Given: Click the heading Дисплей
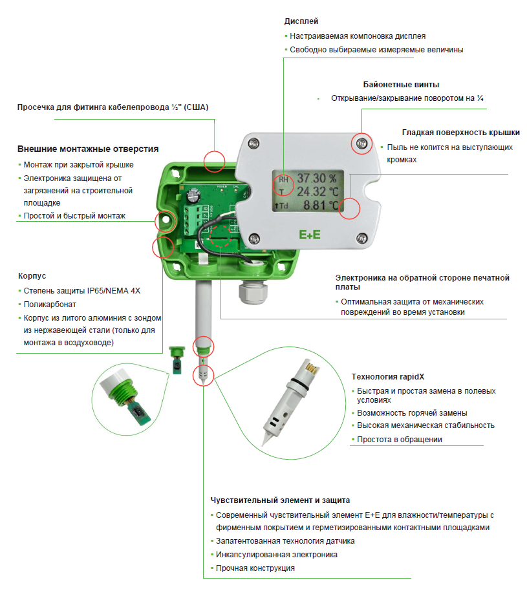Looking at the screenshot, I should (x=301, y=22).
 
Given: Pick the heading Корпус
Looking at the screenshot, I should (x=32, y=276).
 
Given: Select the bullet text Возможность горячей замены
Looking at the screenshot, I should (x=412, y=412).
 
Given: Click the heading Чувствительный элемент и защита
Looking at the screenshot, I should (x=280, y=500).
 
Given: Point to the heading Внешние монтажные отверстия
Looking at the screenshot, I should (x=88, y=149).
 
